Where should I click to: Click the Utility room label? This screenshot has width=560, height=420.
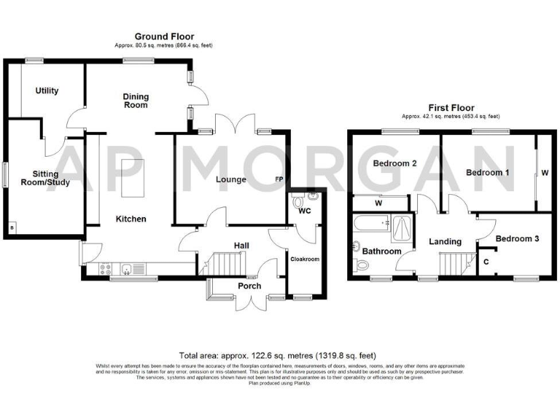[46, 91]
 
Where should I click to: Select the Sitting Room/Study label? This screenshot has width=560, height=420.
[41, 178]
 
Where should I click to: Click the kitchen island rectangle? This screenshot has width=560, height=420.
[133, 178]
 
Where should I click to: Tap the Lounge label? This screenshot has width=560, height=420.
[231, 179]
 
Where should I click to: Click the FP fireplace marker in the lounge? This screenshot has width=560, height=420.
[279, 179]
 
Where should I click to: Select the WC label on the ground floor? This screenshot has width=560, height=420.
[305, 211]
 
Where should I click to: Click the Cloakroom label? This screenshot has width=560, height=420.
[306, 258]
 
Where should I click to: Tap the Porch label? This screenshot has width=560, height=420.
[249, 286]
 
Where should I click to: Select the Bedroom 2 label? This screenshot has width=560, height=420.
[394, 163]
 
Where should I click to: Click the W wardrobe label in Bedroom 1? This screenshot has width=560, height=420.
[544, 173]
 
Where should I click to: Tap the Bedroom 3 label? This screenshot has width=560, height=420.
[517, 238]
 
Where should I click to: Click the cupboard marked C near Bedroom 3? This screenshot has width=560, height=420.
[486, 260]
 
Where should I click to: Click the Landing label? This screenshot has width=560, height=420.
[445, 241]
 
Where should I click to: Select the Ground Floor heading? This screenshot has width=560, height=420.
[164, 36]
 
